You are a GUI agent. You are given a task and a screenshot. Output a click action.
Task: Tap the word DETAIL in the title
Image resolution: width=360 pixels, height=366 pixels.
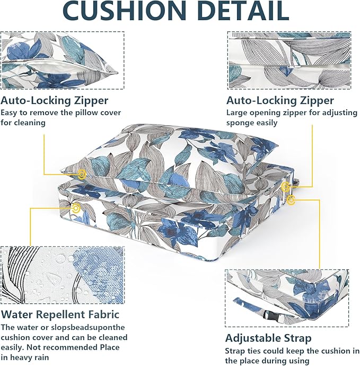[243, 11]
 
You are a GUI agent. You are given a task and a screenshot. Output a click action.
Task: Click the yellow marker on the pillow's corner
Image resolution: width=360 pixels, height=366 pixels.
[82, 174]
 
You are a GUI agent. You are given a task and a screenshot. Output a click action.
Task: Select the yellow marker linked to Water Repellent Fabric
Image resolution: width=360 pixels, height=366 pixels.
[76, 208]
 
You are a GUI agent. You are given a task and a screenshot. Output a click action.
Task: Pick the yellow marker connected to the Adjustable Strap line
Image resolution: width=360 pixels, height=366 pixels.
[291, 201]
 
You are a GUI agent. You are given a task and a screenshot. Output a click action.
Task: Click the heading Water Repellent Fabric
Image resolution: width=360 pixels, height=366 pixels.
[60, 314]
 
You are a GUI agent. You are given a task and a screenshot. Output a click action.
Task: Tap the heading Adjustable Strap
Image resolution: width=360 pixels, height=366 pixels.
[268, 338]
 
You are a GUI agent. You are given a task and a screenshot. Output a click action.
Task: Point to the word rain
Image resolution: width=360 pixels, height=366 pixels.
[41, 358]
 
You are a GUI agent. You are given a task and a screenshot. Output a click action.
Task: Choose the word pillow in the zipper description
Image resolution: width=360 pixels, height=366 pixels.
[87, 113]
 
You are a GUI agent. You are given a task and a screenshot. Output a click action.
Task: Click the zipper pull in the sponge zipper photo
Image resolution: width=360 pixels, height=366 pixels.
[294, 67]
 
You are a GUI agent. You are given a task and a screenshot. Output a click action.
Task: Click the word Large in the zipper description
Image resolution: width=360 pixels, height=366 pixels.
[235, 113]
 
